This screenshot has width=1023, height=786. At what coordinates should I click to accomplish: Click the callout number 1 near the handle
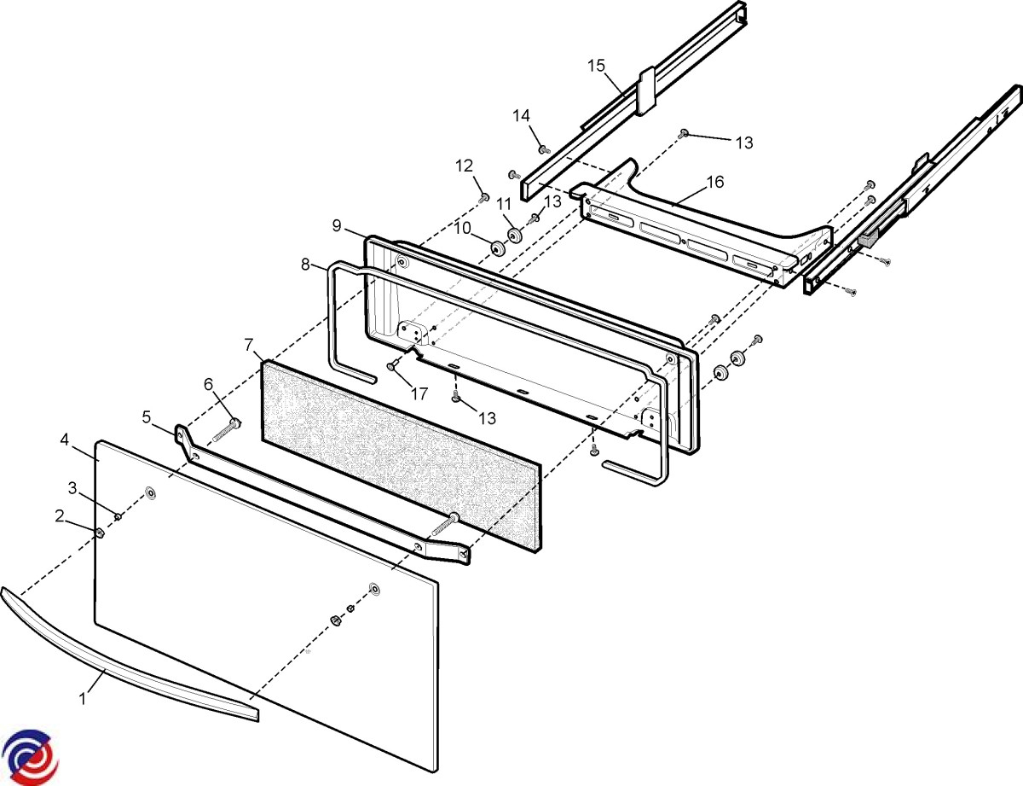[x=83, y=698]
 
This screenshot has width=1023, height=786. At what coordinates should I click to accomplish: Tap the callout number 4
[x=65, y=440]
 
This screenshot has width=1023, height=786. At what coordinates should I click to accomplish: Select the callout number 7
[x=249, y=345]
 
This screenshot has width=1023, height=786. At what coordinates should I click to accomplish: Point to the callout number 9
[x=337, y=225]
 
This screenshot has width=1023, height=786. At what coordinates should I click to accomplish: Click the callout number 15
[x=596, y=65]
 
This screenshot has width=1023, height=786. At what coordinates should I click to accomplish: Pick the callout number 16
[x=714, y=182]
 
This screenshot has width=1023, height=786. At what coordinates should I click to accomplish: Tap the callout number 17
[x=418, y=394]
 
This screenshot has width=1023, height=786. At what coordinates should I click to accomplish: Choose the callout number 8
[x=305, y=265]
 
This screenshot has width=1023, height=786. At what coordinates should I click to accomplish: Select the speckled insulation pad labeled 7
[x=401, y=452]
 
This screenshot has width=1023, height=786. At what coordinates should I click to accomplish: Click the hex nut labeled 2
[x=100, y=533]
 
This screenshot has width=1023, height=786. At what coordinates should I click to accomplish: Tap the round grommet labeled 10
[x=495, y=248]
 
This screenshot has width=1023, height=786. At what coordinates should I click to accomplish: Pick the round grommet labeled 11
[x=514, y=236]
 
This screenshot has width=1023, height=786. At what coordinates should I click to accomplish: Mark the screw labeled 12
[x=484, y=198]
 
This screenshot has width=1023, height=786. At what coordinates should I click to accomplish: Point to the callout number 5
[x=146, y=417]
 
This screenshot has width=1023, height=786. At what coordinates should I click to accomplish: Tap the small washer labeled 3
[x=119, y=516]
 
